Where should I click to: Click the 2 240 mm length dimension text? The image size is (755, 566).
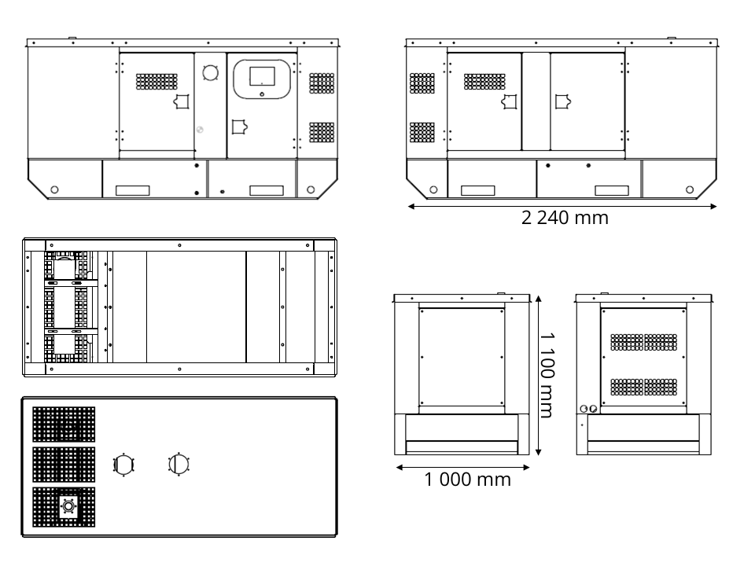click(x=565, y=218)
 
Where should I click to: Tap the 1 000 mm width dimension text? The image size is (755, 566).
click(x=467, y=480)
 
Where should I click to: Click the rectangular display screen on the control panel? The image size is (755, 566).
click(x=263, y=76)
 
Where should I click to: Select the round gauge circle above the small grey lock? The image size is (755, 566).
click(x=211, y=72)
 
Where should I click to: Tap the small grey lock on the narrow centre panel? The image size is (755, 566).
click(x=200, y=130)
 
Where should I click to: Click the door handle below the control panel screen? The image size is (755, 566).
click(x=239, y=127)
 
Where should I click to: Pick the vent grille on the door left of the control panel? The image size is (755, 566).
click(x=157, y=82)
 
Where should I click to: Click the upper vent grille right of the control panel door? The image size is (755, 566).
click(x=322, y=83)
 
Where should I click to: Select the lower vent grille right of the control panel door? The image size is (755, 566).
click(x=322, y=132)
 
